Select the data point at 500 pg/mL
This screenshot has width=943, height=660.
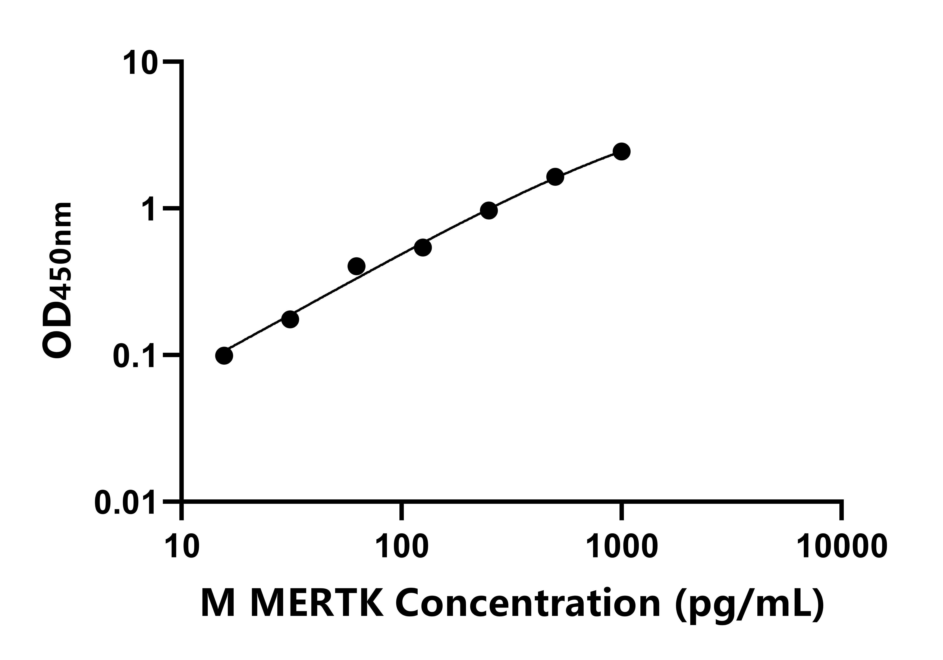(x=555, y=177)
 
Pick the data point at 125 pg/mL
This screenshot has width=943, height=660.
(x=423, y=248)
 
